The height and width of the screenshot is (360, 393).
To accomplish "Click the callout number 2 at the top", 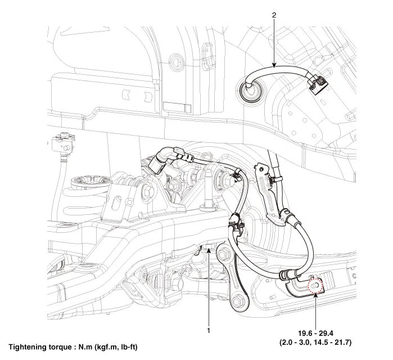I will coord(274,16).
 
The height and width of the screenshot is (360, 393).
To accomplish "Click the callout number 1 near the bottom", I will coord(209,331).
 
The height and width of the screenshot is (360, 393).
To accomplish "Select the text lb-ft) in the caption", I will coord(127,347).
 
